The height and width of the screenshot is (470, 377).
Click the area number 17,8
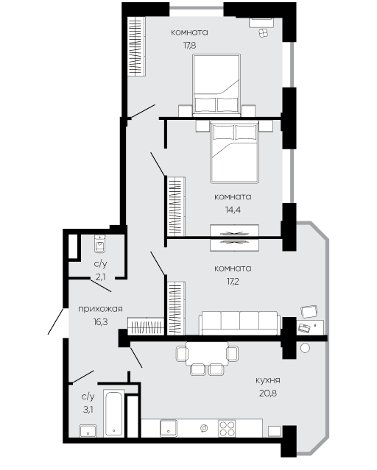[190, 46]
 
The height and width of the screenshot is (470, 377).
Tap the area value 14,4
[233, 210]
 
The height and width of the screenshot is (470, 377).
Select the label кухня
[268, 380]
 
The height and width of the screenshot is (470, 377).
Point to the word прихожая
[101, 309]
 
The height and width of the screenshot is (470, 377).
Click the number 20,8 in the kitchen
[268, 394]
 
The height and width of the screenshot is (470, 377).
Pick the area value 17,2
[233, 282]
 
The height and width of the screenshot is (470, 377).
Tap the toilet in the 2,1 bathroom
[100, 243]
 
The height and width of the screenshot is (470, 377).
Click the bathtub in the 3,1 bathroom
[113, 413]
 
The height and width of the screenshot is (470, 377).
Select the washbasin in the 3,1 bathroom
[88, 431]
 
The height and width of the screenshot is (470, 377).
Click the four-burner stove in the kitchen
[227, 428]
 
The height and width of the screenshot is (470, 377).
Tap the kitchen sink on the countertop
[169, 428]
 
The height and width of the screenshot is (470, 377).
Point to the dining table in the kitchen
[207, 353]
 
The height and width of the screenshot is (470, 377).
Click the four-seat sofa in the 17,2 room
[239, 323]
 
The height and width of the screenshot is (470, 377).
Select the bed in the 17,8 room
[216, 85]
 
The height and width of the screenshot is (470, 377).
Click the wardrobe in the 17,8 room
[136, 46]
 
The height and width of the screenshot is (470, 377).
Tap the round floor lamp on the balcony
[305, 348]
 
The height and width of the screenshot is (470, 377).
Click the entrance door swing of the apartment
[56, 321]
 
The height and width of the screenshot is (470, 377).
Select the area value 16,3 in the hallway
[101, 322]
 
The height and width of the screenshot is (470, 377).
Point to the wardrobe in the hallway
[146, 326]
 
